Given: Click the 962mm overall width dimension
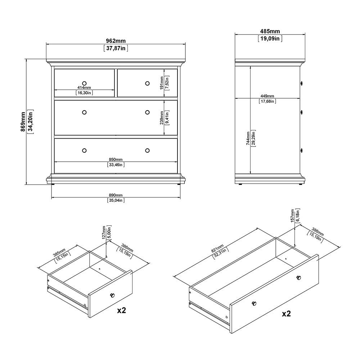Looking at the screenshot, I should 116,41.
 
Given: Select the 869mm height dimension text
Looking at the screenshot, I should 23,121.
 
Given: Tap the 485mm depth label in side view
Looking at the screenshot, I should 270,32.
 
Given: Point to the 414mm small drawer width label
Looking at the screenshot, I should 84,88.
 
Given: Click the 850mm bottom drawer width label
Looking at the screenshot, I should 116,159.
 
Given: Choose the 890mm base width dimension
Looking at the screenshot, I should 116,194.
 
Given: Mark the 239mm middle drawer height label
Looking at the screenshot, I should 162,117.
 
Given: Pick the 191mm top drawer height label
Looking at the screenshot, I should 162,82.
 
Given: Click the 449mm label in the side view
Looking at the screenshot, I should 267,96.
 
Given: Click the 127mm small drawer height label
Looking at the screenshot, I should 103,233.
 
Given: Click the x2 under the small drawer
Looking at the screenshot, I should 121,310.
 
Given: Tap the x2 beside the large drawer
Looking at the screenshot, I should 286,314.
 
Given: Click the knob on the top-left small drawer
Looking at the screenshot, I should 84,83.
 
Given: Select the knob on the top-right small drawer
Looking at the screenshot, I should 147,84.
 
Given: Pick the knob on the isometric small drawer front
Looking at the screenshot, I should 112,295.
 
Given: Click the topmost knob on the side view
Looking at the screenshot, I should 301,83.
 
